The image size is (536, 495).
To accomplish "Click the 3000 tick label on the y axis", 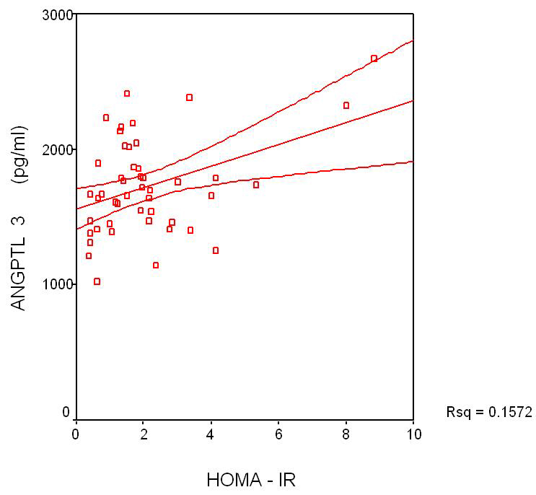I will pos(58,14).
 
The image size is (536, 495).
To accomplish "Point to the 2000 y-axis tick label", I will pos(58,149).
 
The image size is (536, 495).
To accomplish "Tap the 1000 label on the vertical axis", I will pos(58,284).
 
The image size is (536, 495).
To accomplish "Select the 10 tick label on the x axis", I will pos(413,433).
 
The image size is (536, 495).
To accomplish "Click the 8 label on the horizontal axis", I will pos(346,433).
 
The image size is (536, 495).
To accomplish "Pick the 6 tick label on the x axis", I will pos(278,433).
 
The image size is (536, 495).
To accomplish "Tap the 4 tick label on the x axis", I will pos(211,433).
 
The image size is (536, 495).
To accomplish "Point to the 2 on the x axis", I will pos(144,433).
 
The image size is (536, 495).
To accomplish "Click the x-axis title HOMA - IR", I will pos(250,479).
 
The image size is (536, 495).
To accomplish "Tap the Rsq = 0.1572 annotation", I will pos(489,412).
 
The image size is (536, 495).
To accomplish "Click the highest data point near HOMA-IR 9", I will pos(374,58).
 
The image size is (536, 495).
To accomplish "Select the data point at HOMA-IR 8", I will pos(346,105).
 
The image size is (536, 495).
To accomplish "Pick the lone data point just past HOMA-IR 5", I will pos(256,185).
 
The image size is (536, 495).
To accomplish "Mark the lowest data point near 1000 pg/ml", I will pos(97,281).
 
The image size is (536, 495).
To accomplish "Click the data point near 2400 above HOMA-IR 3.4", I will pos(189,97).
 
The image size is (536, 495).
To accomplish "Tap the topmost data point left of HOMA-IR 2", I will pos(127,94).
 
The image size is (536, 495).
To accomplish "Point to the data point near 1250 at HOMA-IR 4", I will pos(216,250).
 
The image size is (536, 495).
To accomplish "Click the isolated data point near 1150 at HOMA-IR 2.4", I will pos(155,266).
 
